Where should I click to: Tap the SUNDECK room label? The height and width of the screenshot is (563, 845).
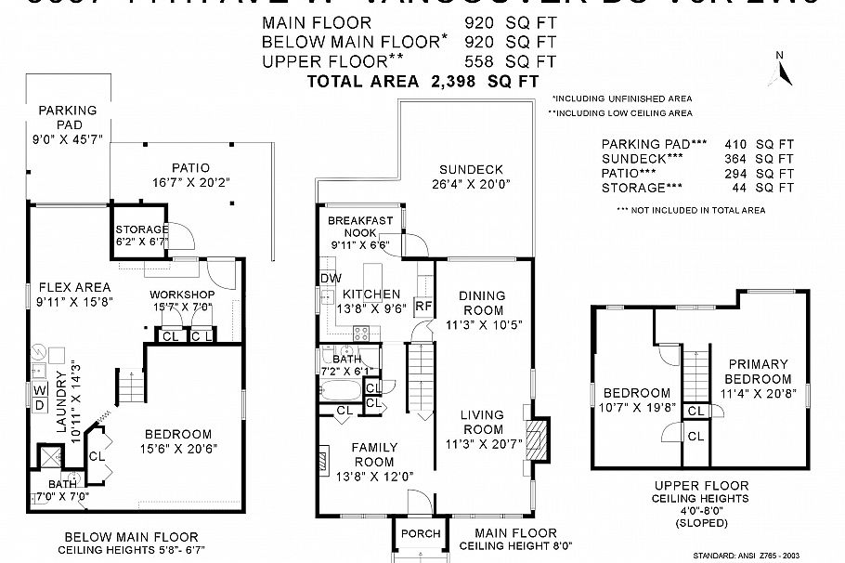tap(472, 170)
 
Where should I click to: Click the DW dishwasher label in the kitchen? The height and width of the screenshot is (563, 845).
tap(329, 279)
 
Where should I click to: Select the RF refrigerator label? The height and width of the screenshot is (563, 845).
tap(422, 306)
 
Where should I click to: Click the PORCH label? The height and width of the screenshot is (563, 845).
tap(413, 534)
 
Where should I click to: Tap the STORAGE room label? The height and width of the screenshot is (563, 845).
tap(141, 229)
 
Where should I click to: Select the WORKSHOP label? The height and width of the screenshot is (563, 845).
tap(182, 295)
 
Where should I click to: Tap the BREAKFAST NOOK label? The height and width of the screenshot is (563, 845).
tap(360, 227)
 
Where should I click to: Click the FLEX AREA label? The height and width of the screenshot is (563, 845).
tap(73, 287)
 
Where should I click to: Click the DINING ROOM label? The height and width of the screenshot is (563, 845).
tap(482, 303)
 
